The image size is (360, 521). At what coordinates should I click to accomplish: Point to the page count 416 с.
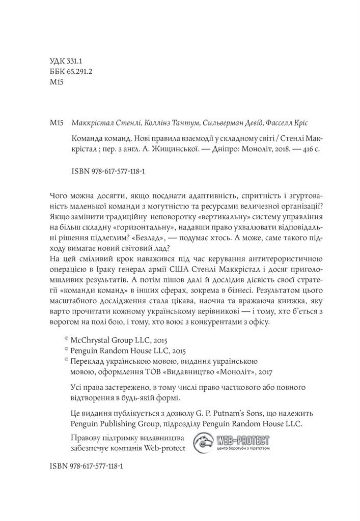298,150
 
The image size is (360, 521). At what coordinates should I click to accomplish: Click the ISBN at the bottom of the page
87,466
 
